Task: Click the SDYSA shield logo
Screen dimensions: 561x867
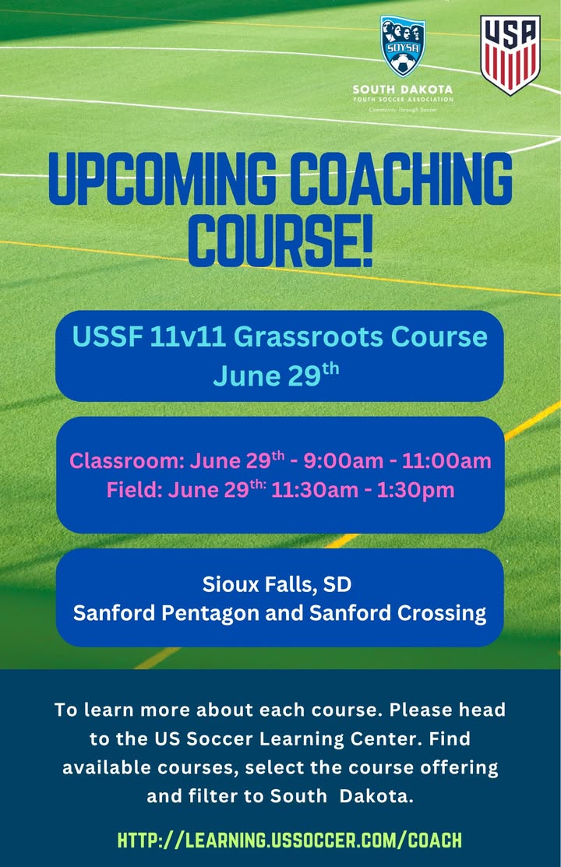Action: [x=403, y=46]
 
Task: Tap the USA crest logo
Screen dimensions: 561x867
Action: [x=510, y=55]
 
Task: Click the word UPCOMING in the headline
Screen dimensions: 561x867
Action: [x=162, y=178]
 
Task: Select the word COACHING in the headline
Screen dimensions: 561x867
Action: [x=401, y=178]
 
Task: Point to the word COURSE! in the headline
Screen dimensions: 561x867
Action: [x=280, y=239]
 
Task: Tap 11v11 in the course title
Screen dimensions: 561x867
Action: [x=188, y=337]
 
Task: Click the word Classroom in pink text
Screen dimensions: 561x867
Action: [x=127, y=460]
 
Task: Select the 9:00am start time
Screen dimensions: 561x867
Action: [x=343, y=460]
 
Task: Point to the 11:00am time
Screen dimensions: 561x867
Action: [x=446, y=460]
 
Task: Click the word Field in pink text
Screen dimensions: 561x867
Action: [x=134, y=489]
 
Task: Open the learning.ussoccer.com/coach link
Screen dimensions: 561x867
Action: [x=290, y=840]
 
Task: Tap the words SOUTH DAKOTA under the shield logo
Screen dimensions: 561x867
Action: [x=403, y=89]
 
